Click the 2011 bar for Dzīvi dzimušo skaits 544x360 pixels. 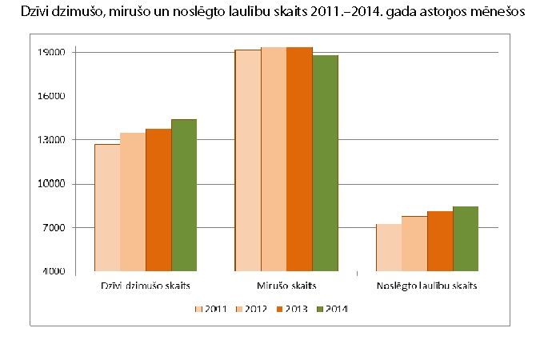[x=107, y=208]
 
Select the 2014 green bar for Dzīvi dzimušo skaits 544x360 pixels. [x=184, y=196]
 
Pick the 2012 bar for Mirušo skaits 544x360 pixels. [x=274, y=160]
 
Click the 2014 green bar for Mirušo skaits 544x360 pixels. [x=325, y=164]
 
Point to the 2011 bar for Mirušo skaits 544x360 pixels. [x=248, y=160]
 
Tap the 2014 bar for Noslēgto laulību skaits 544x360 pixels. [x=466, y=239]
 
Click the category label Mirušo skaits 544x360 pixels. [x=286, y=286]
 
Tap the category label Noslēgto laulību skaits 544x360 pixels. [x=427, y=286]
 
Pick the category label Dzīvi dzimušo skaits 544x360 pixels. [x=146, y=286]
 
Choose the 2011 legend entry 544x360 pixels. [x=210, y=309]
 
